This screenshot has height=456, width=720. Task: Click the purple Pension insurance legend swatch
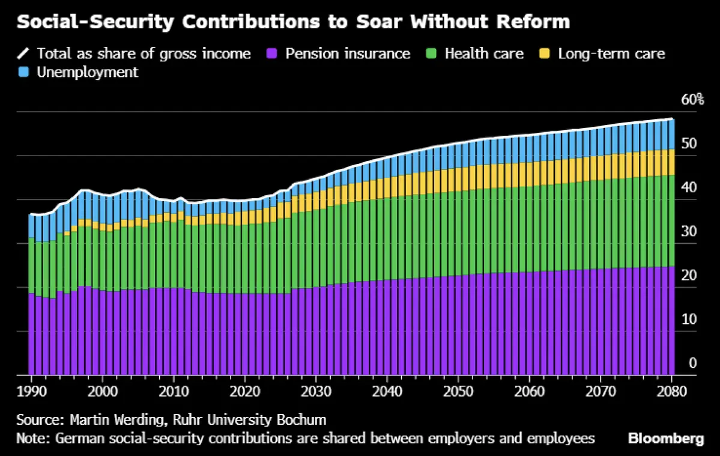coord(272,53)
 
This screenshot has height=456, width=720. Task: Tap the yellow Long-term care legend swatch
coord(545,53)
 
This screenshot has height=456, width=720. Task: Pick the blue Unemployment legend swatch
coord(23,73)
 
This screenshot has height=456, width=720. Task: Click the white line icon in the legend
coord(23,53)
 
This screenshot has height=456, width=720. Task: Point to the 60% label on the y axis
coord(692,99)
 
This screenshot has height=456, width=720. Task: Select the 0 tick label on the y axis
coord(692,363)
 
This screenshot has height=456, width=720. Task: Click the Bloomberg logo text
coord(666,439)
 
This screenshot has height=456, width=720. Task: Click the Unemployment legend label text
coord(87,73)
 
